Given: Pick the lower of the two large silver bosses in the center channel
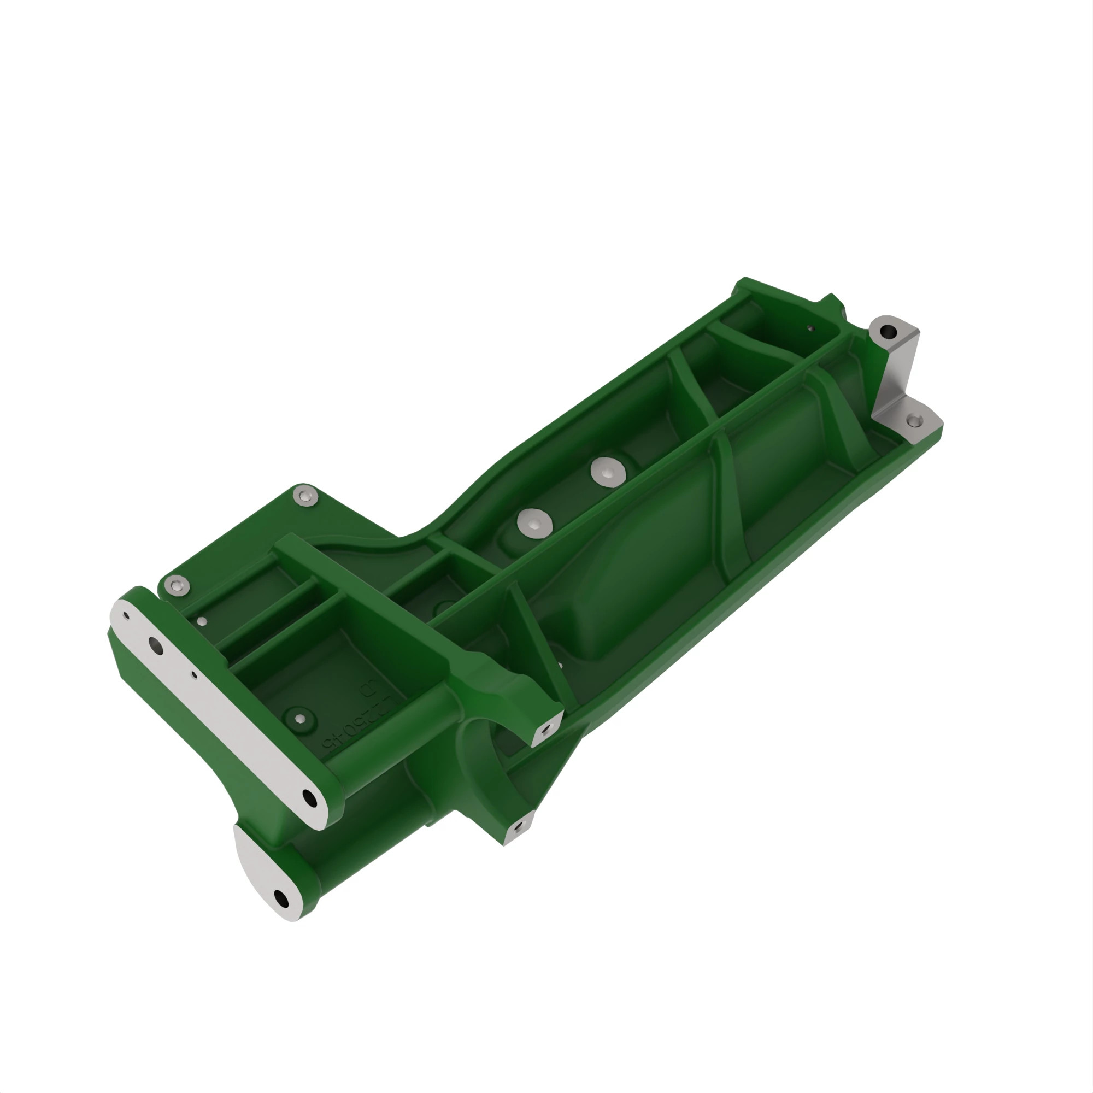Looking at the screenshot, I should pos(534,523).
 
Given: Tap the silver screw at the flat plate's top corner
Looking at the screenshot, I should pos(305,497).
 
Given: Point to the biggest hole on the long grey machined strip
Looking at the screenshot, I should pos(155,645).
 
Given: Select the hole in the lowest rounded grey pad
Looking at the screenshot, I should pos(281,897).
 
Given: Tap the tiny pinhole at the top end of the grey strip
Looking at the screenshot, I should pos(127,616).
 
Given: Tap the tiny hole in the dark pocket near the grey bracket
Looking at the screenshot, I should pos(810,327).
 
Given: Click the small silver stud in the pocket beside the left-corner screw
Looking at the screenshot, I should pos(203,622).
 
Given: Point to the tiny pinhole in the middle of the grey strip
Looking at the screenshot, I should pos(194,674).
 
